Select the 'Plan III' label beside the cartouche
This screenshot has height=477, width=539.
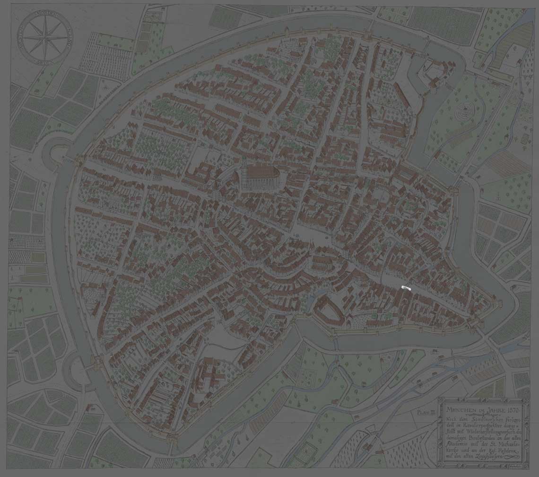point(426,412)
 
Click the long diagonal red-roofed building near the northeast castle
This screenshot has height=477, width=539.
point(402,95)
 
